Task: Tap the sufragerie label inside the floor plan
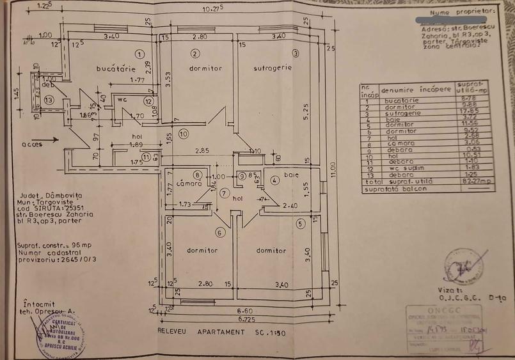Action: pos(272,67)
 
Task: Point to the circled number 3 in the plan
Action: pos(295,53)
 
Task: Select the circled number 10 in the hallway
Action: pos(183,134)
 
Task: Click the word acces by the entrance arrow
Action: pos(32,145)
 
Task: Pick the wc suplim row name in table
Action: pos(401,168)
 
